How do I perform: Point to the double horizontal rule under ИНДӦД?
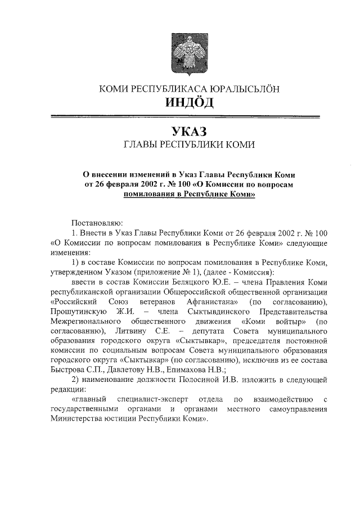coord(186,117)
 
